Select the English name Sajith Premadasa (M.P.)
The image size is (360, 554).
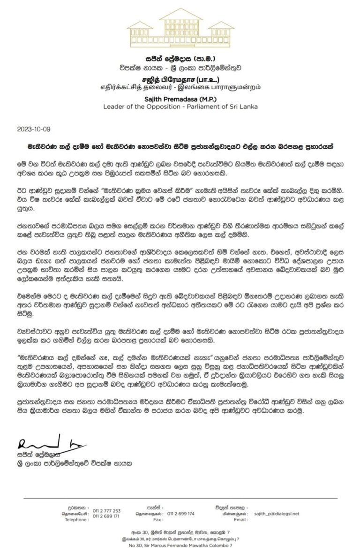(x=180, y=99)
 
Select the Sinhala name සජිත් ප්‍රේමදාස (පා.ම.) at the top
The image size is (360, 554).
(x=180, y=60)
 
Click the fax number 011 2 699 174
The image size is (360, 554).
(x=180, y=514)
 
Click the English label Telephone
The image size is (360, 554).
(x=76, y=520)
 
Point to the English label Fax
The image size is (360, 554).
(x=157, y=520)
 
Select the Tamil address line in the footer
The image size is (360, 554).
(x=180, y=540)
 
